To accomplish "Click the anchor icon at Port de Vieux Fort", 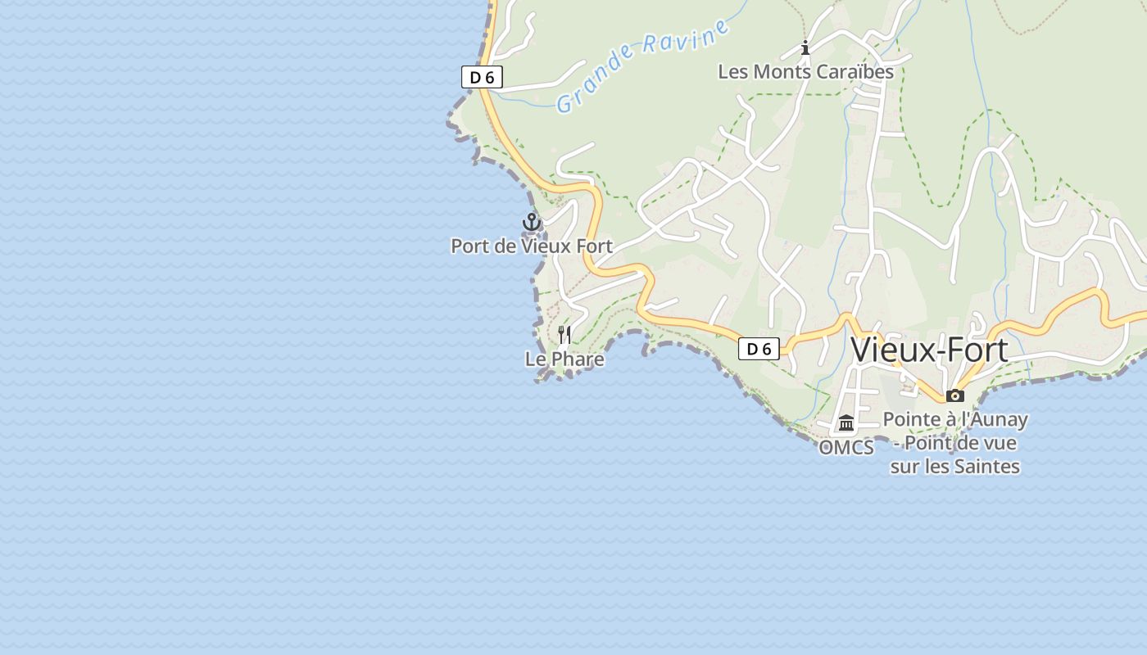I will coord(532,222).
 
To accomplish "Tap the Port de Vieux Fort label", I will coord(532,246).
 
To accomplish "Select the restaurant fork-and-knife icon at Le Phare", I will coord(564,334).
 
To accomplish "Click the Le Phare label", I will coord(564,359).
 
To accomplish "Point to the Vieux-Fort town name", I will coord(929,350).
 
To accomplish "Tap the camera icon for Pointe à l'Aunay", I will coord(954,396).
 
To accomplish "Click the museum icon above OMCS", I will coord(846,423).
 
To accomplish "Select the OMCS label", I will coord(846,448).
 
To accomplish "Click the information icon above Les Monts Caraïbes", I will coord(805,47).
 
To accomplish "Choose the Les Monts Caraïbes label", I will coord(805,71).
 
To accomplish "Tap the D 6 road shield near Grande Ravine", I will coord(482,78).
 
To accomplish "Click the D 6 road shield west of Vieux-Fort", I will coord(759,350).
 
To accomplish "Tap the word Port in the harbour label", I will coord(470,246).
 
